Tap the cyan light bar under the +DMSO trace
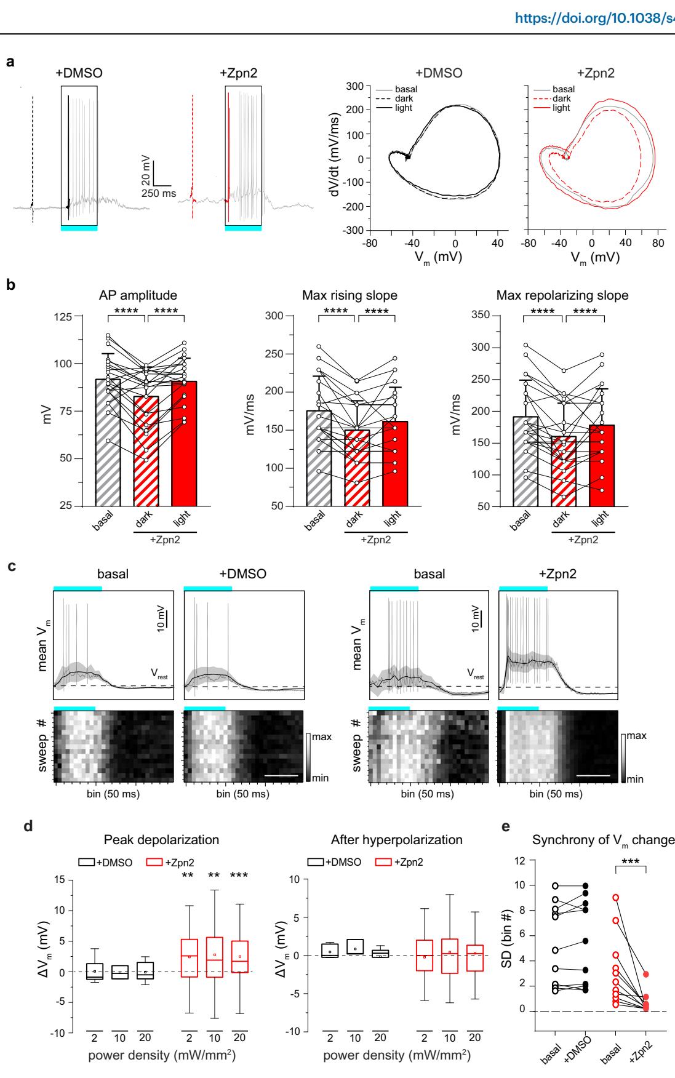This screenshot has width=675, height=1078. [x=79, y=228]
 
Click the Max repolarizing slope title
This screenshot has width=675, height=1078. [x=562, y=295]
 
